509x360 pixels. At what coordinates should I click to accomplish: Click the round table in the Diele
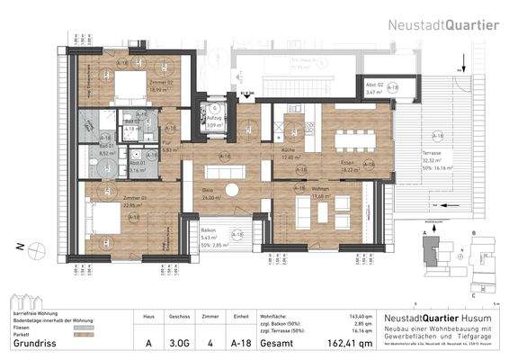pos(232,189)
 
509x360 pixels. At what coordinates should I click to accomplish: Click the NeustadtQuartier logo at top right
pos(443,24)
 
